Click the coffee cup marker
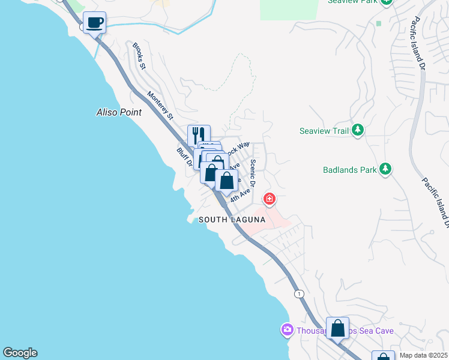pos(94,23)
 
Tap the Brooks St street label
pos(139,55)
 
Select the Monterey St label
pos(160,104)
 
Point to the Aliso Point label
pos(119,112)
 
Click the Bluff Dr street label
pos(184,157)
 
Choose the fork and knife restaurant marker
pos(199,136)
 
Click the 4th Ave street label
pos(240,195)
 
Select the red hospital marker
pos(270,198)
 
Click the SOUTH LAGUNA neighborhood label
pos(232,220)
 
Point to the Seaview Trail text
pos(324,131)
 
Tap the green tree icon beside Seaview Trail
pos(358,130)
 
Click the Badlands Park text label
pos(350,170)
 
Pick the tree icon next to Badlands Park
pos(385,169)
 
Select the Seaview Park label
pos(351,1)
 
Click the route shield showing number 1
pos(298,294)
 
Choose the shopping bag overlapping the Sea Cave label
pos(338,328)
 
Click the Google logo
pos(20,353)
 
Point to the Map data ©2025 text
pos(424,355)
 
